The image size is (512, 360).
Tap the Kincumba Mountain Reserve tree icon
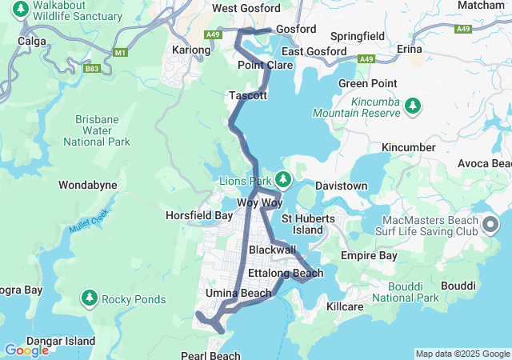click(x=413, y=106)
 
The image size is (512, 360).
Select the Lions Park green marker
click(x=282, y=179)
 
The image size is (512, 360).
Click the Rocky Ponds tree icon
click(x=89, y=299)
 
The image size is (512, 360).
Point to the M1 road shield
click(x=121, y=53)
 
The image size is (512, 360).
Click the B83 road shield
click(x=92, y=69)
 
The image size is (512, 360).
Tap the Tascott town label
click(x=247, y=95)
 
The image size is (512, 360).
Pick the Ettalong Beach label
click(x=286, y=274)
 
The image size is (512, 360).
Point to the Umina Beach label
click(x=238, y=293)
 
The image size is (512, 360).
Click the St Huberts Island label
click(x=302, y=224)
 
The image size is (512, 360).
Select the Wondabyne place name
click(x=87, y=185)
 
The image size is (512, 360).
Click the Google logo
click(x=26, y=350)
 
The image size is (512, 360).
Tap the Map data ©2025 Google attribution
click(x=462, y=354)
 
